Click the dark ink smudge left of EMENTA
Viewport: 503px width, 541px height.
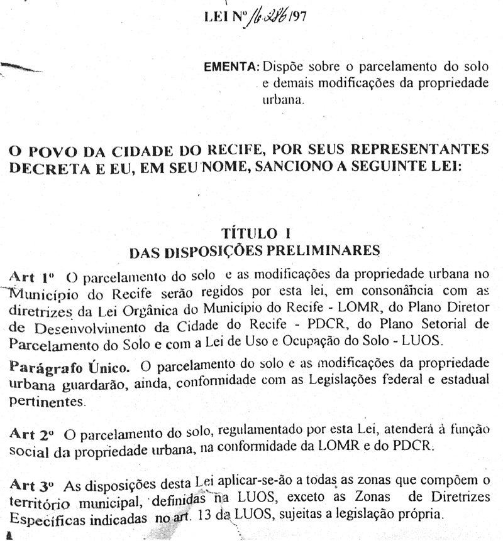tap(22, 65)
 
